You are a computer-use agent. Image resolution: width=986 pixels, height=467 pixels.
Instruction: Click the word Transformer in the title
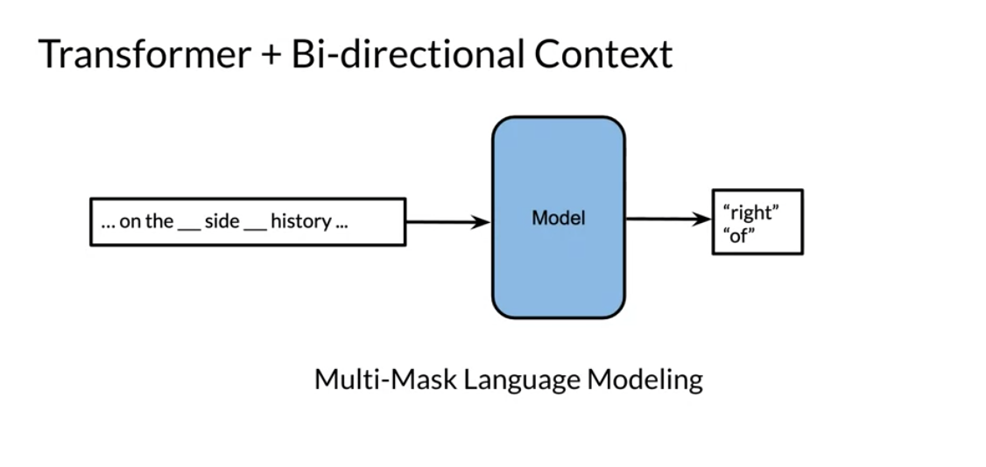click(144, 54)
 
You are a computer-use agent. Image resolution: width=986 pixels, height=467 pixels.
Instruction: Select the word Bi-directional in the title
click(407, 54)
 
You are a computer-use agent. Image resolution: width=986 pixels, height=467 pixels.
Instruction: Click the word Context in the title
click(603, 54)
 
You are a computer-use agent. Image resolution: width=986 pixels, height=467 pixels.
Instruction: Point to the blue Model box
click(559, 217)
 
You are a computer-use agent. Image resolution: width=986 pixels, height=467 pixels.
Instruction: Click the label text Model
click(559, 218)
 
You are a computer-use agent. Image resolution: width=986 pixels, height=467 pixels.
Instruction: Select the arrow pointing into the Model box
click(447, 221)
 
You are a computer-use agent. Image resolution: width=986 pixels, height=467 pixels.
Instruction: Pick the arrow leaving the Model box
click(668, 219)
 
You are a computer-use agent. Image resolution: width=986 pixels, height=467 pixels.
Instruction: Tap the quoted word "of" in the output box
click(739, 237)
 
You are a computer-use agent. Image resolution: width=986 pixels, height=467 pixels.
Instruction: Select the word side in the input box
click(222, 221)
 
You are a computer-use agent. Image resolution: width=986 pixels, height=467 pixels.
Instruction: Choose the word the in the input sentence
click(159, 221)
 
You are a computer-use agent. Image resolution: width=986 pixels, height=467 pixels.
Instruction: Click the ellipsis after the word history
click(342, 227)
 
